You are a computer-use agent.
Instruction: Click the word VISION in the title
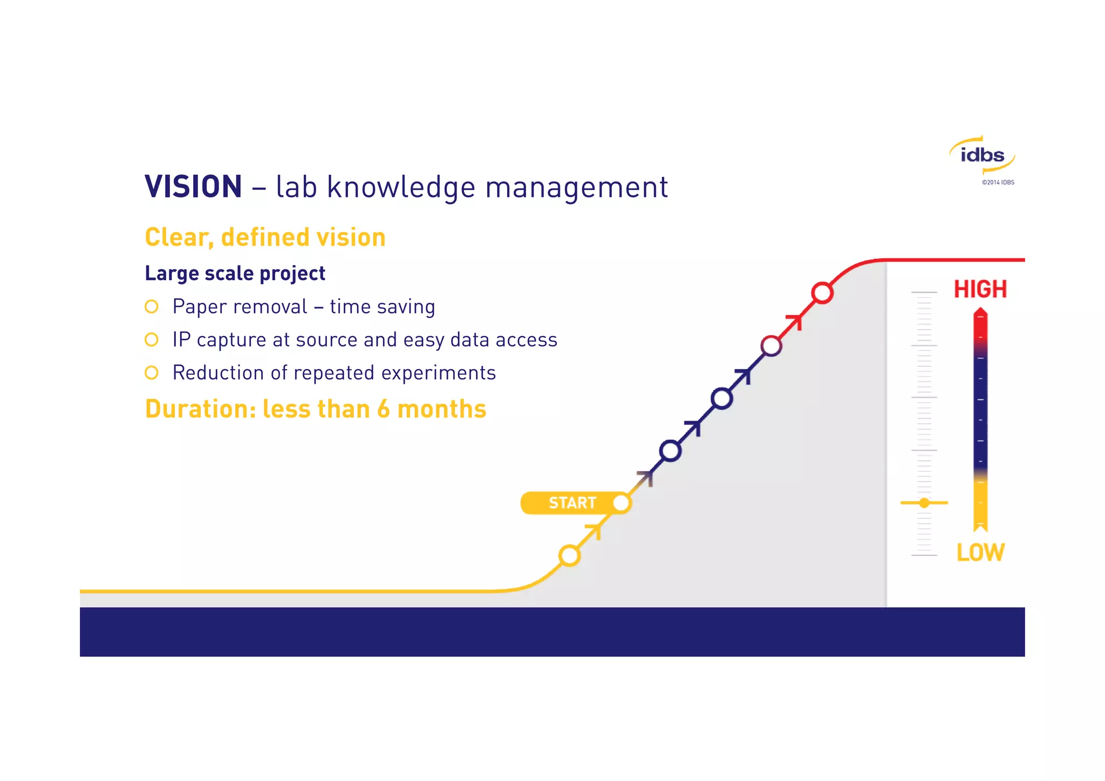(x=193, y=187)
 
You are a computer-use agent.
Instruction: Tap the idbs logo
(x=982, y=155)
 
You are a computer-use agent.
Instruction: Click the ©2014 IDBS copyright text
(x=998, y=182)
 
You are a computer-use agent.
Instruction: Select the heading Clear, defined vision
(x=265, y=237)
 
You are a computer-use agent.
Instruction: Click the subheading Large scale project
(x=235, y=273)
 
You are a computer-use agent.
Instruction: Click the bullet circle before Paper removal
(x=152, y=307)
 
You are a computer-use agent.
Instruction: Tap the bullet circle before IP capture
(x=152, y=339)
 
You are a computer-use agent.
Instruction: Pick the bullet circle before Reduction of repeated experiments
(x=152, y=372)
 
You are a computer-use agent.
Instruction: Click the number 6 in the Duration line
(x=383, y=409)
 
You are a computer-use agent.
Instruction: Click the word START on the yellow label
(x=572, y=503)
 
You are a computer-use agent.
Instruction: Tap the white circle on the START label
(x=621, y=503)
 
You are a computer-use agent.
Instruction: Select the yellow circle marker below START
(x=569, y=555)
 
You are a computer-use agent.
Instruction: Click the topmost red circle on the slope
(x=822, y=293)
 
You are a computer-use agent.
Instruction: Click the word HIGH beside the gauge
(x=980, y=289)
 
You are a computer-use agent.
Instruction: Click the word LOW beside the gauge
(x=980, y=553)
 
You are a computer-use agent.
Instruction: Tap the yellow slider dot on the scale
(x=924, y=503)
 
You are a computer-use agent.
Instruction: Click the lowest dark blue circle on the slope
(x=670, y=451)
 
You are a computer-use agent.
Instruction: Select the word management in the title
(x=576, y=187)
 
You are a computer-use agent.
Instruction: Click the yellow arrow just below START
(x=595, y=531)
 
